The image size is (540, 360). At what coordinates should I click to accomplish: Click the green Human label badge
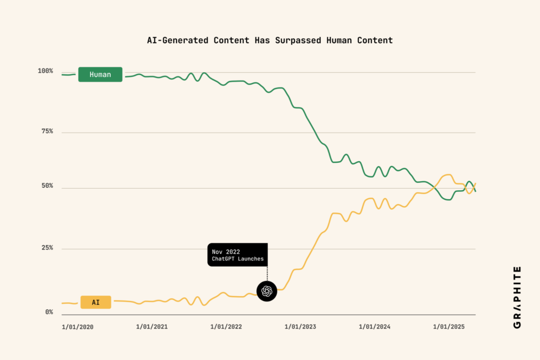pos(100,74)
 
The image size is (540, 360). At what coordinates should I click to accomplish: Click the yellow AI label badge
pos(95,302)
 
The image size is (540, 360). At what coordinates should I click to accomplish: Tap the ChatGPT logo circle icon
pos(267,291)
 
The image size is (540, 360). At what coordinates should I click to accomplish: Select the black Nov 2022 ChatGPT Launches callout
pos(237,255)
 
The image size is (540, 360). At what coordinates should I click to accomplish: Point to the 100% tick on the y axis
pos(45,71)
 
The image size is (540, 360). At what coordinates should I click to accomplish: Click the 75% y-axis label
pos(47,131)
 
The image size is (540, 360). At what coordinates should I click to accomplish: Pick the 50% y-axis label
pos(47,186)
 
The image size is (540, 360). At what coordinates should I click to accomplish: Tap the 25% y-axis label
pos(47,248)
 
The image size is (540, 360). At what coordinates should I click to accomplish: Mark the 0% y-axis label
pos(49,312)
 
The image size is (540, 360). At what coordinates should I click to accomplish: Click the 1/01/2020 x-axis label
pos(78,327)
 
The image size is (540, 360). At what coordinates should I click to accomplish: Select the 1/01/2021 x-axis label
pos(152,327)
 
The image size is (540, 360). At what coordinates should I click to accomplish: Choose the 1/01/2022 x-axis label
pos(226,327)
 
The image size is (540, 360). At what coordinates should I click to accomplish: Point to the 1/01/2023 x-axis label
pos(301,327)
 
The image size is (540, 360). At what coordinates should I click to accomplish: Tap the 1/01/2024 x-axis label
pos(375,327)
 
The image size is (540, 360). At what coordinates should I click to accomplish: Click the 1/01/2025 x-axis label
pos(449,327)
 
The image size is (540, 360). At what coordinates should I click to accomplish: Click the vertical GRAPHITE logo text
pos(517,297)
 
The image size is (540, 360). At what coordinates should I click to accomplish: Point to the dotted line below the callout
pos(267,274)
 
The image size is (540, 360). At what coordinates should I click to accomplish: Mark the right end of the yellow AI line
pos(475,184)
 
